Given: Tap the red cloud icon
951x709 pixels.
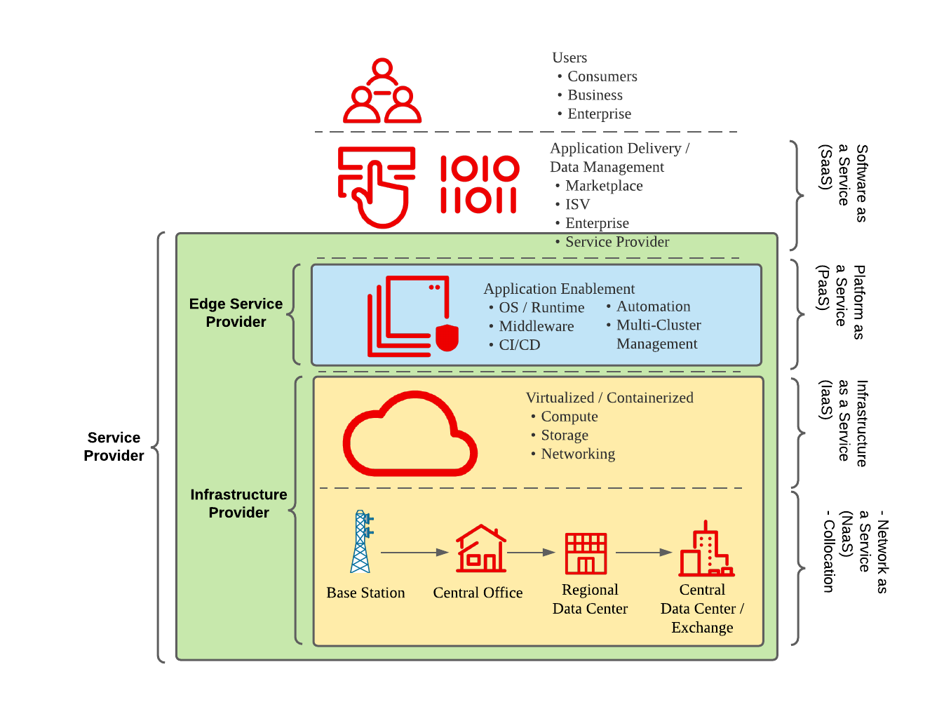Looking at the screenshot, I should click(410, 435).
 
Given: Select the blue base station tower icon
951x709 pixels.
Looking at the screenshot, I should click(361, 542).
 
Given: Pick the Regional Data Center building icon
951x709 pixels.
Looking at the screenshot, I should click(586, 553).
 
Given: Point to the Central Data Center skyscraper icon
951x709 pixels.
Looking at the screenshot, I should click(706, 550).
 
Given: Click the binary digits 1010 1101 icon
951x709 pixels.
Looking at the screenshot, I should click(479, 184).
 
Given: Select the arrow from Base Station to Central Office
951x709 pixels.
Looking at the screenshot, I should click(414, 553).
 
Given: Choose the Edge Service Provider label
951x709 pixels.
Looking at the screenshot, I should click(236, 313).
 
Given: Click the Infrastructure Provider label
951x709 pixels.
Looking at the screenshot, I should click(238, 504).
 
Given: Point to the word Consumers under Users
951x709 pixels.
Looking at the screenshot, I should click(602, 76).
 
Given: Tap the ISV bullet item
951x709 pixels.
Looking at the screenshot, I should click(577, 204).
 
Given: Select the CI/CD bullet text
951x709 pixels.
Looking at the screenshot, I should click(519, 345).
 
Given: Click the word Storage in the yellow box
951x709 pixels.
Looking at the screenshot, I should click(564, 435).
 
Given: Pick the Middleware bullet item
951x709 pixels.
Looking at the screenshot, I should click(536, 326).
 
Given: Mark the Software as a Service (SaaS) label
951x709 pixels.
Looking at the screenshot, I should click(843, 183).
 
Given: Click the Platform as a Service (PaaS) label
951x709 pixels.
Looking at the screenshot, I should click(841, 302).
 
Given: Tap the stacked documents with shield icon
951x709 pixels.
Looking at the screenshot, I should click(413, 316).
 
